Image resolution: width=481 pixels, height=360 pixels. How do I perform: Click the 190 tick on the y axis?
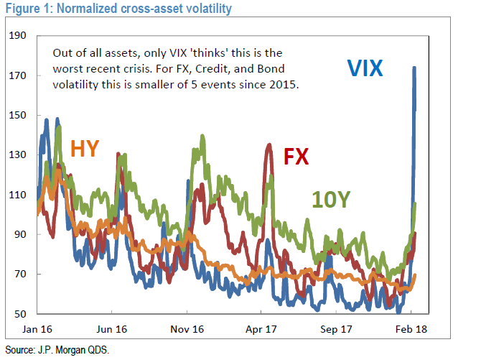18,36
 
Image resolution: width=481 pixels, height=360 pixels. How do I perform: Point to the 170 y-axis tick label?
18,75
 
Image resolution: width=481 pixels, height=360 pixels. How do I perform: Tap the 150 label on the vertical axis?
18,115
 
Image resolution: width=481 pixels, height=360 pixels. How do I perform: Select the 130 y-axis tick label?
18,155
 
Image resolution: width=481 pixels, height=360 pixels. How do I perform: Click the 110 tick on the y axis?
18,195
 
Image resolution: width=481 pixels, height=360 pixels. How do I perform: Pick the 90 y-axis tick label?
20,234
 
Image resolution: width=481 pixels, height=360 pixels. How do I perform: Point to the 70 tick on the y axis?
20,274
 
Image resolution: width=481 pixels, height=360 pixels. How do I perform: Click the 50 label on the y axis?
20,314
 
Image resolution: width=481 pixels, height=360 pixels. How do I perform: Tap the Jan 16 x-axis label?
37,328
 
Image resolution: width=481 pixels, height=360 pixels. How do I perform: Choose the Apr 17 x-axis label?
261,328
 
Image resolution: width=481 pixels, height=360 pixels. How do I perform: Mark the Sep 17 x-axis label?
337,328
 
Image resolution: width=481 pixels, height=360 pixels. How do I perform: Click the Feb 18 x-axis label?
412,328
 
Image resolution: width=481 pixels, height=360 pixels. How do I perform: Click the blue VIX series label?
365,68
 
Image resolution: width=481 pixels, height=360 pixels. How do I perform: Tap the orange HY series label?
85,149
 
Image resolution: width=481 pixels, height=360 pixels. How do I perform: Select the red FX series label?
296,157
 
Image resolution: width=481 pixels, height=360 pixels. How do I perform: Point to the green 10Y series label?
330,199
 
